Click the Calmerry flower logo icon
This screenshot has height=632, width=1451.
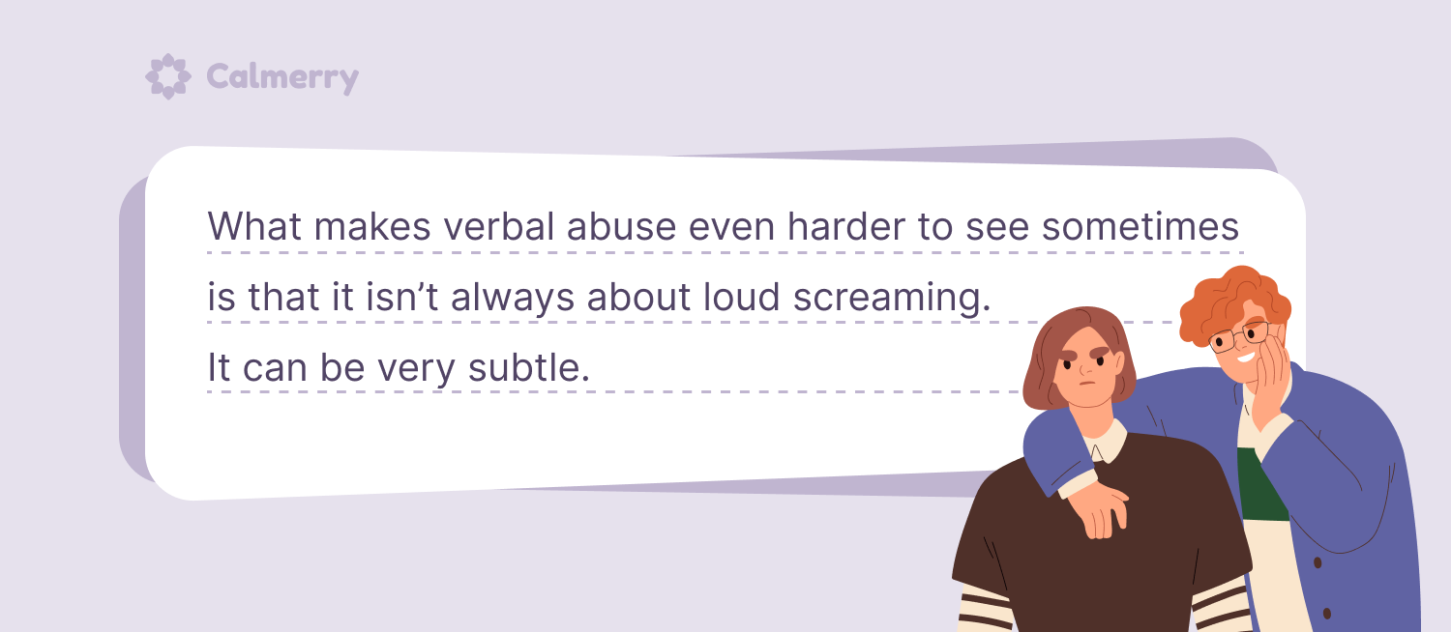(x=167, y=76)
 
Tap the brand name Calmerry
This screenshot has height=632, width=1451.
(x=282, y=77)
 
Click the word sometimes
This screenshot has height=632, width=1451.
(x=1140, y=226)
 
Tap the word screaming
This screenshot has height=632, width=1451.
(x=892, y=298)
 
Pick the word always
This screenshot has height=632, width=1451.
(x=513, y=298)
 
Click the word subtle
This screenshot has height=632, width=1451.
(x=528, y=367)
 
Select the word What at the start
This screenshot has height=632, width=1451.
(x=254, y=226)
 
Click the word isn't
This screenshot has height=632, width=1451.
(x=402, y=297)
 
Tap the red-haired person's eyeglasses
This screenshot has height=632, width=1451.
(x=1239, y=336)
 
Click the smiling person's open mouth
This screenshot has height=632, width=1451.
(x=1245, y=357)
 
